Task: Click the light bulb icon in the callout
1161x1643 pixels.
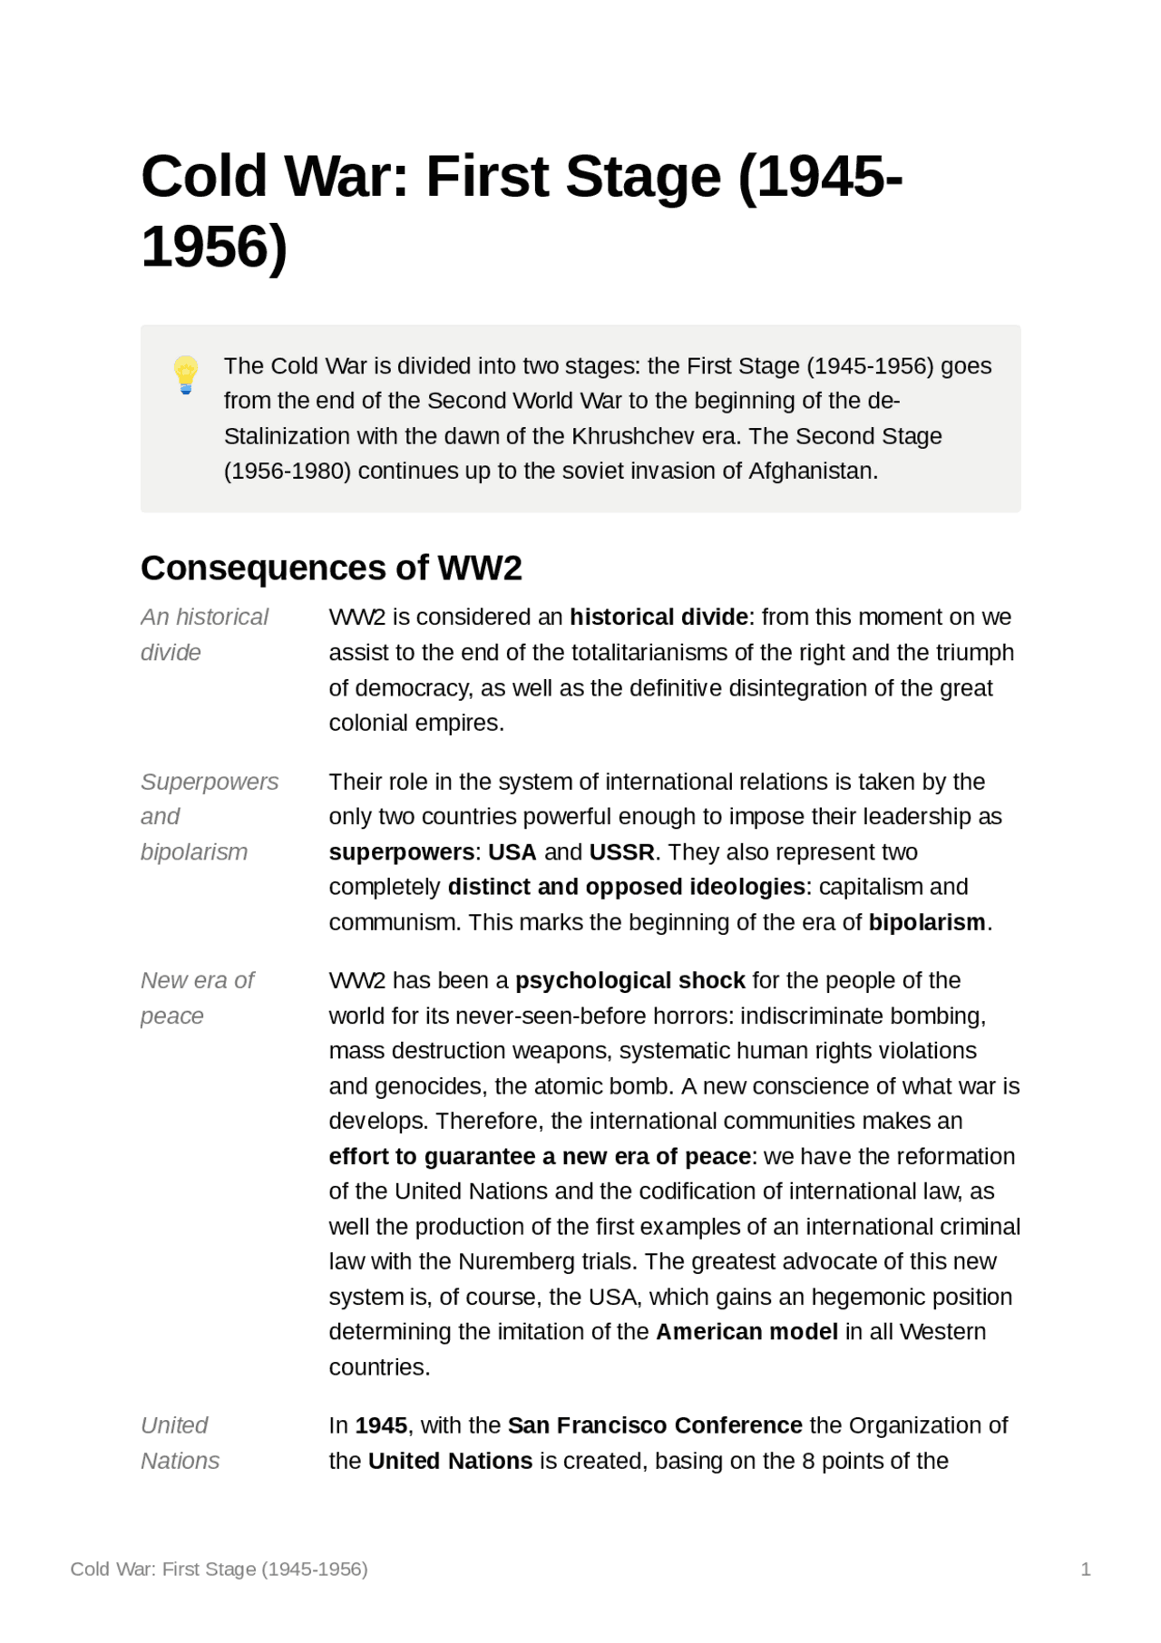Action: [x=186, y=374]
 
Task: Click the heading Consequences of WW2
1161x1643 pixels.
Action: [x=331, y=569]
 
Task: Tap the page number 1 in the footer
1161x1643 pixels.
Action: [x=1085, y=1570]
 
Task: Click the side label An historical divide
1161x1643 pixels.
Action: [x=204, y=634]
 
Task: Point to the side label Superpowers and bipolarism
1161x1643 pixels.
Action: [x=209, y=816]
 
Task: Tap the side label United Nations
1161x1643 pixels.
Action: [x=180, y=1443]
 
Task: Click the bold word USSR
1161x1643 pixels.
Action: [x=621, y=852]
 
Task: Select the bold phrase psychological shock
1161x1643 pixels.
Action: [x=629, y=980]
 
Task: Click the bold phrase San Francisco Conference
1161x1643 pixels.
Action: [x=654, y=1425]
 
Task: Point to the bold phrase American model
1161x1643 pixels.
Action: [x=746, y=1332]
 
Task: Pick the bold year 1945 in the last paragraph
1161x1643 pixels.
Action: [x=381, y=1425]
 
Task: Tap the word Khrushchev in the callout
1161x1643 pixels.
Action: [x=633, y=436]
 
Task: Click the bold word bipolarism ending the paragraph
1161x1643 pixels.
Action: [x=926, y=922]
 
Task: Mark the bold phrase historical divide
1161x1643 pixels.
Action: [x=659, y=617]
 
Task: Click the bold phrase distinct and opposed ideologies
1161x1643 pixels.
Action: [x=626, y=887]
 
